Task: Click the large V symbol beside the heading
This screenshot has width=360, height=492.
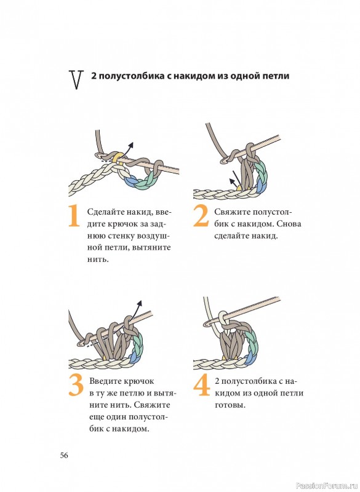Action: tap(76, 80)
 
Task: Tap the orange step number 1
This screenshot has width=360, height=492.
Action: tap(74, 216)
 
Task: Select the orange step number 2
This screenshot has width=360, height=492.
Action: tap(201, 216)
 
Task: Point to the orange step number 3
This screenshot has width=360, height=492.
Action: tap(76, 386)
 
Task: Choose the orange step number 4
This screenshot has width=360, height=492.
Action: tap(201, 386)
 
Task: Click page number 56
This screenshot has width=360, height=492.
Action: tap(64, 455)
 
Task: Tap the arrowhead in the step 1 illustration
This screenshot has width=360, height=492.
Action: tap(132, 145)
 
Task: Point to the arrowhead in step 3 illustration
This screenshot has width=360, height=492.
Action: tap(140, 303)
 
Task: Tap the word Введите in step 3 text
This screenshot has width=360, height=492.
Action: tap(105, 381)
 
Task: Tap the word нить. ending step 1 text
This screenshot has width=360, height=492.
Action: tap(98, 260)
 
